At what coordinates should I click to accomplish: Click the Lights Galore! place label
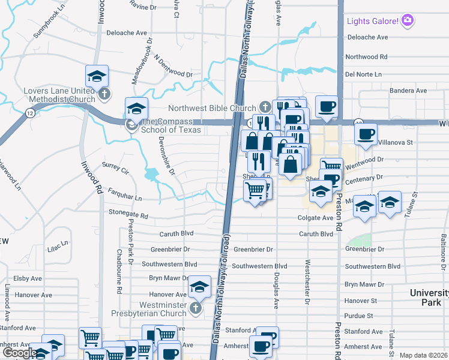pos(372,22)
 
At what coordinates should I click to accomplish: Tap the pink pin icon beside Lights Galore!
pos(408,21)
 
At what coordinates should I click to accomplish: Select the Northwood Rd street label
pos(366,57)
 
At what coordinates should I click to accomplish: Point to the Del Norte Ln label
pos(364,74)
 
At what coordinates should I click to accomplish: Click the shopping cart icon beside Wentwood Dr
pos(331,166)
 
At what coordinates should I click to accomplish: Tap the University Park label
pos(429,297)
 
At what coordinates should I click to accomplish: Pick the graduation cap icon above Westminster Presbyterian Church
pos(199,287)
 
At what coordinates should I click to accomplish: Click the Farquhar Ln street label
pos(124,197)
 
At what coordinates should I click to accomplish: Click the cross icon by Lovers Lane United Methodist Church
pos(104,94)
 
